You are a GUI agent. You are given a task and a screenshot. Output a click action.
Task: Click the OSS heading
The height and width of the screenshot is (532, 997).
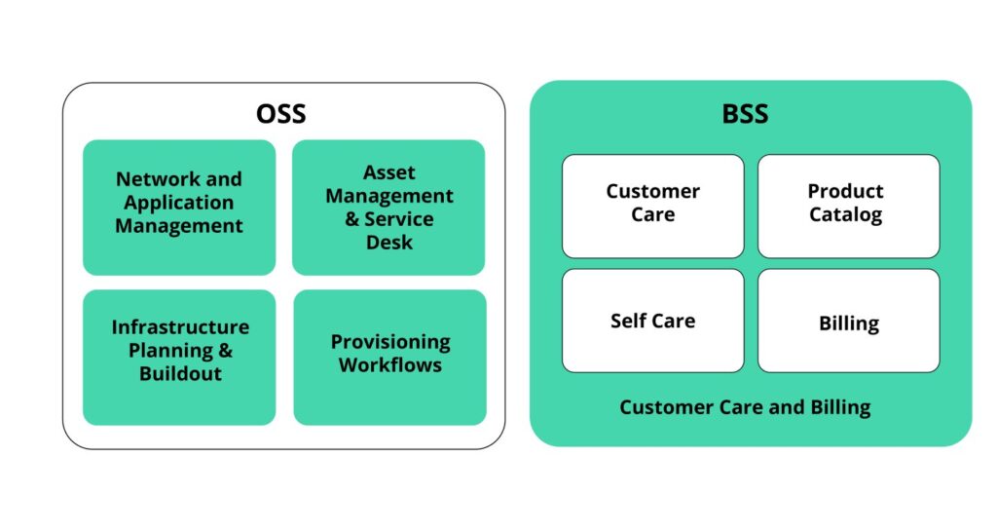281,114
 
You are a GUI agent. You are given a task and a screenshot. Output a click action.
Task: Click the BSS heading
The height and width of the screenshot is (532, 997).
745,114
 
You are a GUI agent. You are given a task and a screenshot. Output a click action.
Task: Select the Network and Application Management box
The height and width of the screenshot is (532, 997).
179,207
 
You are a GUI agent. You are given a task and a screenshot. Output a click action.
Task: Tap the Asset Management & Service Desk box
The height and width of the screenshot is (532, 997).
388,207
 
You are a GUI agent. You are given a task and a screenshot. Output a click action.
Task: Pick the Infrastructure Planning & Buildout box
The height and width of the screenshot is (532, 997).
179,357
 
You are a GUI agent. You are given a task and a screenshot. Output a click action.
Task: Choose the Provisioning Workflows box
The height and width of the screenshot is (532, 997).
389,357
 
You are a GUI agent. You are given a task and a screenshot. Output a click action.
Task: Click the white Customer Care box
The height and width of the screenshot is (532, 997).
652,206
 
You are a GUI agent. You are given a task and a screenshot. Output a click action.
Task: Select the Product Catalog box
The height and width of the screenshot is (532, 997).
848,206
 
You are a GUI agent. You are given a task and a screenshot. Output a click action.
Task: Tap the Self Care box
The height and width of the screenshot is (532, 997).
652,321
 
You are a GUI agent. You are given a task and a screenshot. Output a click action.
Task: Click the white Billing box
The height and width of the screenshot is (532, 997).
848,321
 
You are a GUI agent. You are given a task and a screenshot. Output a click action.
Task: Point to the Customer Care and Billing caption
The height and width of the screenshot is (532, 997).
745,407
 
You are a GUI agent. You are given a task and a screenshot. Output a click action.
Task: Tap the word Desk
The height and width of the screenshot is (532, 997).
389,243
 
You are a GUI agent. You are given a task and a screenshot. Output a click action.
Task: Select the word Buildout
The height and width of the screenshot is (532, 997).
179,374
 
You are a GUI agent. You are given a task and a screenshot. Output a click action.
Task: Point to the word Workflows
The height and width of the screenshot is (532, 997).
389,366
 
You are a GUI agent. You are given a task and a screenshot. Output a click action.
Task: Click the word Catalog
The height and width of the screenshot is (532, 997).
846,215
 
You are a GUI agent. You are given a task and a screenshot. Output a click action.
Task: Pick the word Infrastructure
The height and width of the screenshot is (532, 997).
180,327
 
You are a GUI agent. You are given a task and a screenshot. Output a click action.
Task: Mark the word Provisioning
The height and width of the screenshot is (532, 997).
389,342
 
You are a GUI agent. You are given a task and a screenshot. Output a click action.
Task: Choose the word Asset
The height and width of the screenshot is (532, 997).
389,172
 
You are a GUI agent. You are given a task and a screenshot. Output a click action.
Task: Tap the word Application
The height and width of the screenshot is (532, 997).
179,203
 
